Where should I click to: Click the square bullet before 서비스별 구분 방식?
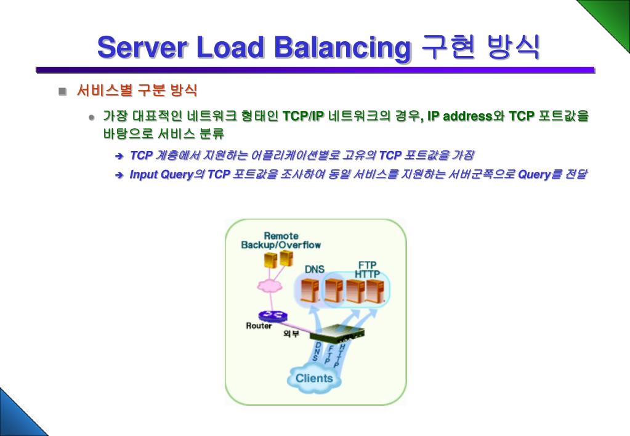click(x=62, y=92)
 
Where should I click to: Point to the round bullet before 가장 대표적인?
click(x=92, y=116)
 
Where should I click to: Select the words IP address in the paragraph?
click(x=459, y=116)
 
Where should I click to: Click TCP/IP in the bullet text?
click(x=303, y=116)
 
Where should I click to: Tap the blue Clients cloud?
click(x=314, y=378)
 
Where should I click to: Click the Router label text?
click(x=259, y=326)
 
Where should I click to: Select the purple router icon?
click(x=273, y=315)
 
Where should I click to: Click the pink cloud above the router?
click(x=269, y=286)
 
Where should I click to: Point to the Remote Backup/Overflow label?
click(x=281, y=240)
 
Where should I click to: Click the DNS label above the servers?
click(x=314, y=269)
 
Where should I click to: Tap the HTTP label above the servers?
click(x=367, y=274)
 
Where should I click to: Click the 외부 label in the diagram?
click(x=291, y=334)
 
